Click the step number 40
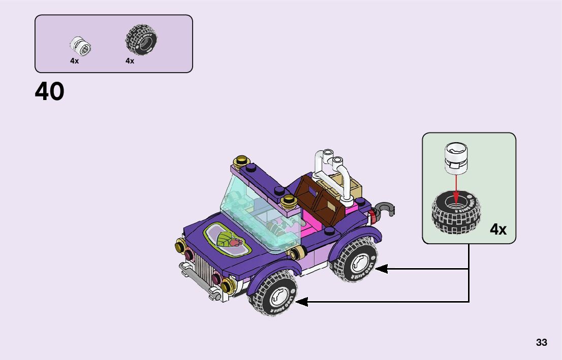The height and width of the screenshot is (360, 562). click(x=50, y=92)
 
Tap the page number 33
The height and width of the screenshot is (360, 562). click(x=541, y=343)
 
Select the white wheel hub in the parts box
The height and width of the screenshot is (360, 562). click(x=81, y=46)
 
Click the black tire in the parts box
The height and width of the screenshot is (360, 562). click(x=141, y=40)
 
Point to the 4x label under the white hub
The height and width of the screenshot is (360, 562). click(x=75, y=61)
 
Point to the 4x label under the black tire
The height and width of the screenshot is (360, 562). click(x=130, y=61)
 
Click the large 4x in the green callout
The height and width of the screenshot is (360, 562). click(x=498, y=230)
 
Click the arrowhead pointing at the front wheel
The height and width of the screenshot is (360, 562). click(x=301, y=302)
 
